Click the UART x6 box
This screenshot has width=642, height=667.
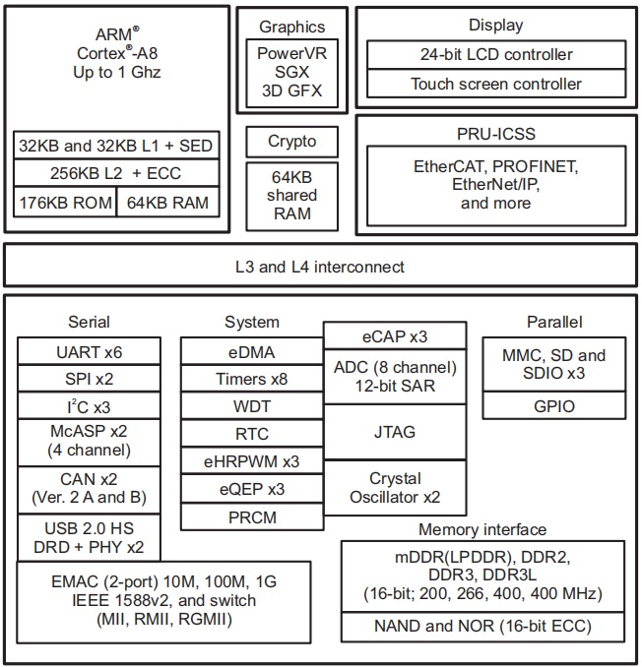tap(89, 351)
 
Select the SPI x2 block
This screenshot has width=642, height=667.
tap(89, 378)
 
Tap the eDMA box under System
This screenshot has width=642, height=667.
tap(251, 351)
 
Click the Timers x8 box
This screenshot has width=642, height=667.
tap(251, 379)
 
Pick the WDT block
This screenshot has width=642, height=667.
tap(251, 406)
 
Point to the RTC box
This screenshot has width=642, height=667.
tap(251, 434)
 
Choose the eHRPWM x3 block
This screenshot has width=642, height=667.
tap(251, 460)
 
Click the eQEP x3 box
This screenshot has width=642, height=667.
tap(251, 488)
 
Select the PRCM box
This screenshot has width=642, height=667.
tap(251, 515)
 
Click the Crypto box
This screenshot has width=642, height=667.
tap(292, 142)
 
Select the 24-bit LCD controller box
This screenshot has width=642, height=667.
tap(496, 54)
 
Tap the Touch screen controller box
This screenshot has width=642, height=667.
tap(496, 84)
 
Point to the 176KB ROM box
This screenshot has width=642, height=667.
tap(65, 204)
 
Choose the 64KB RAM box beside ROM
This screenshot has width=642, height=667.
tap(169, 204)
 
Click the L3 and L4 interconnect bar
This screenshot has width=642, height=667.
tap(320, 267)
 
